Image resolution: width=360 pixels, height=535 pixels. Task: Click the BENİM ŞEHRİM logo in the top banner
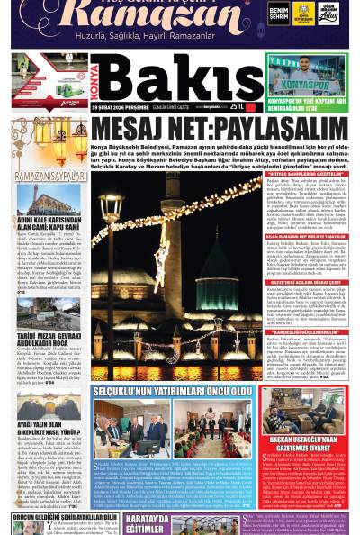click(278, 13)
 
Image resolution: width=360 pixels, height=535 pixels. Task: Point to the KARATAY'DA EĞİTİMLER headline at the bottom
click(147, 524)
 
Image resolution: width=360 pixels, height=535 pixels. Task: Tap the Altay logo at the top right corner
click(328, 13)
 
